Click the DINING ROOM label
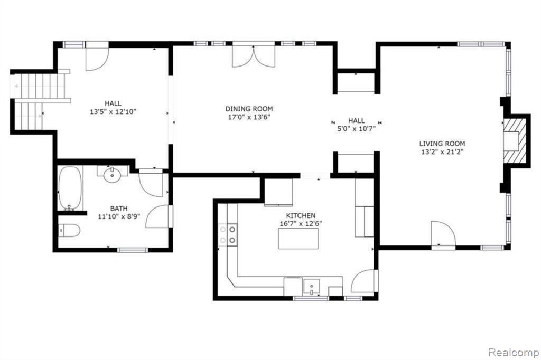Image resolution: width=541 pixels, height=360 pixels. (249, 109)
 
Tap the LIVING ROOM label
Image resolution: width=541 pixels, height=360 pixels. (442, 144)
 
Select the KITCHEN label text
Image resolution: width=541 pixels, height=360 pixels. (301, 215)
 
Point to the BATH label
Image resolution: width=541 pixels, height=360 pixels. (119, 209)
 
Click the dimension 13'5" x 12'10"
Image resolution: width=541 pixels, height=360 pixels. (113, 112)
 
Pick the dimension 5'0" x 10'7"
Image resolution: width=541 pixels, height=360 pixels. (357, 129)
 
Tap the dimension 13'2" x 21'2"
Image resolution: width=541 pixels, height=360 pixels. (442, 151)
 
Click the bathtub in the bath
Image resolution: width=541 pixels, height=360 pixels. (70, 188)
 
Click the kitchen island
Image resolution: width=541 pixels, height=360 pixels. (298, 238)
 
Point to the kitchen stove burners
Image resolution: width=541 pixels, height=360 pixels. (228, 234)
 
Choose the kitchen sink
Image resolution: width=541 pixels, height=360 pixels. (311, 287)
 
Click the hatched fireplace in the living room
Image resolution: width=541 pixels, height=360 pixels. (515, 141)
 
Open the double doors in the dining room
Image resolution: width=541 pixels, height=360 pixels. (254, 55)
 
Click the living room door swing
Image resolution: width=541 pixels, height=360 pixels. (443, 234)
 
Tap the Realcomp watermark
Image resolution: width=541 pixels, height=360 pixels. (514, 353)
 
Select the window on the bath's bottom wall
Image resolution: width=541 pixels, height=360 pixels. (133, 250)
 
